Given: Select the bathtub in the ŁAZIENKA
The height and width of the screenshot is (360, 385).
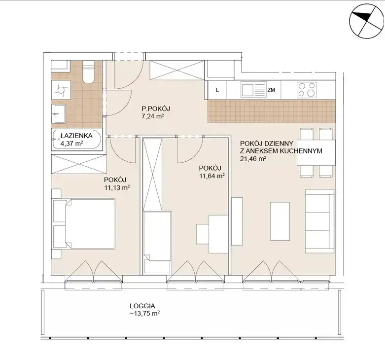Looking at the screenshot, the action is click(76, 140).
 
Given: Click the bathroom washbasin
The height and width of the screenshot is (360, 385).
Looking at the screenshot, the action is click(59, 114).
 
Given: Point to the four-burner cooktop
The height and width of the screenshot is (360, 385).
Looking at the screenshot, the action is click(307, 90).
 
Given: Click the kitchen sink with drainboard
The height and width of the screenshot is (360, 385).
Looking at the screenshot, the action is click(253, 90).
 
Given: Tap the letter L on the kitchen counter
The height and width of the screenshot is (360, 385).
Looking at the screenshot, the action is click(217, 90).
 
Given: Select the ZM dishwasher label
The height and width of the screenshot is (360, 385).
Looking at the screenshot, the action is click(271, 90).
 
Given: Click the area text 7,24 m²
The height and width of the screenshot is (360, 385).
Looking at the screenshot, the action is click(153, 116).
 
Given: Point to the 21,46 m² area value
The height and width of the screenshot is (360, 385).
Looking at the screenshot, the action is click(253, 159).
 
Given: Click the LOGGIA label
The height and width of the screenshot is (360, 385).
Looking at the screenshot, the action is click(142, 306).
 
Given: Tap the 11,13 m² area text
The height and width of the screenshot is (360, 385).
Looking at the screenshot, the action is click(117, 188).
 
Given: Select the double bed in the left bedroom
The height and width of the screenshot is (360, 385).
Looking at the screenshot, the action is click(84, 224).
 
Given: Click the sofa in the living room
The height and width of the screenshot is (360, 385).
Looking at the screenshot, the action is click(320, 221).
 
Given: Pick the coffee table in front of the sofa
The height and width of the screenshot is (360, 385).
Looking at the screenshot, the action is click(280, 221).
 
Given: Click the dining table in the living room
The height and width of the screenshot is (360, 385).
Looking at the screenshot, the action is click(316, 152).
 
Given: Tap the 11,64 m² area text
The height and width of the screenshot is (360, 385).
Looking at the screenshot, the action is click(212, 176).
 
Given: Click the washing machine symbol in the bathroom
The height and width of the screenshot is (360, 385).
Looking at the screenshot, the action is click(61, 90).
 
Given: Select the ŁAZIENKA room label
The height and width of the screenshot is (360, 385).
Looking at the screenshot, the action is click(76, 136).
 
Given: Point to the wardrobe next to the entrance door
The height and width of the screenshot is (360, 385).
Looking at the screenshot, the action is click(177, 70).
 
